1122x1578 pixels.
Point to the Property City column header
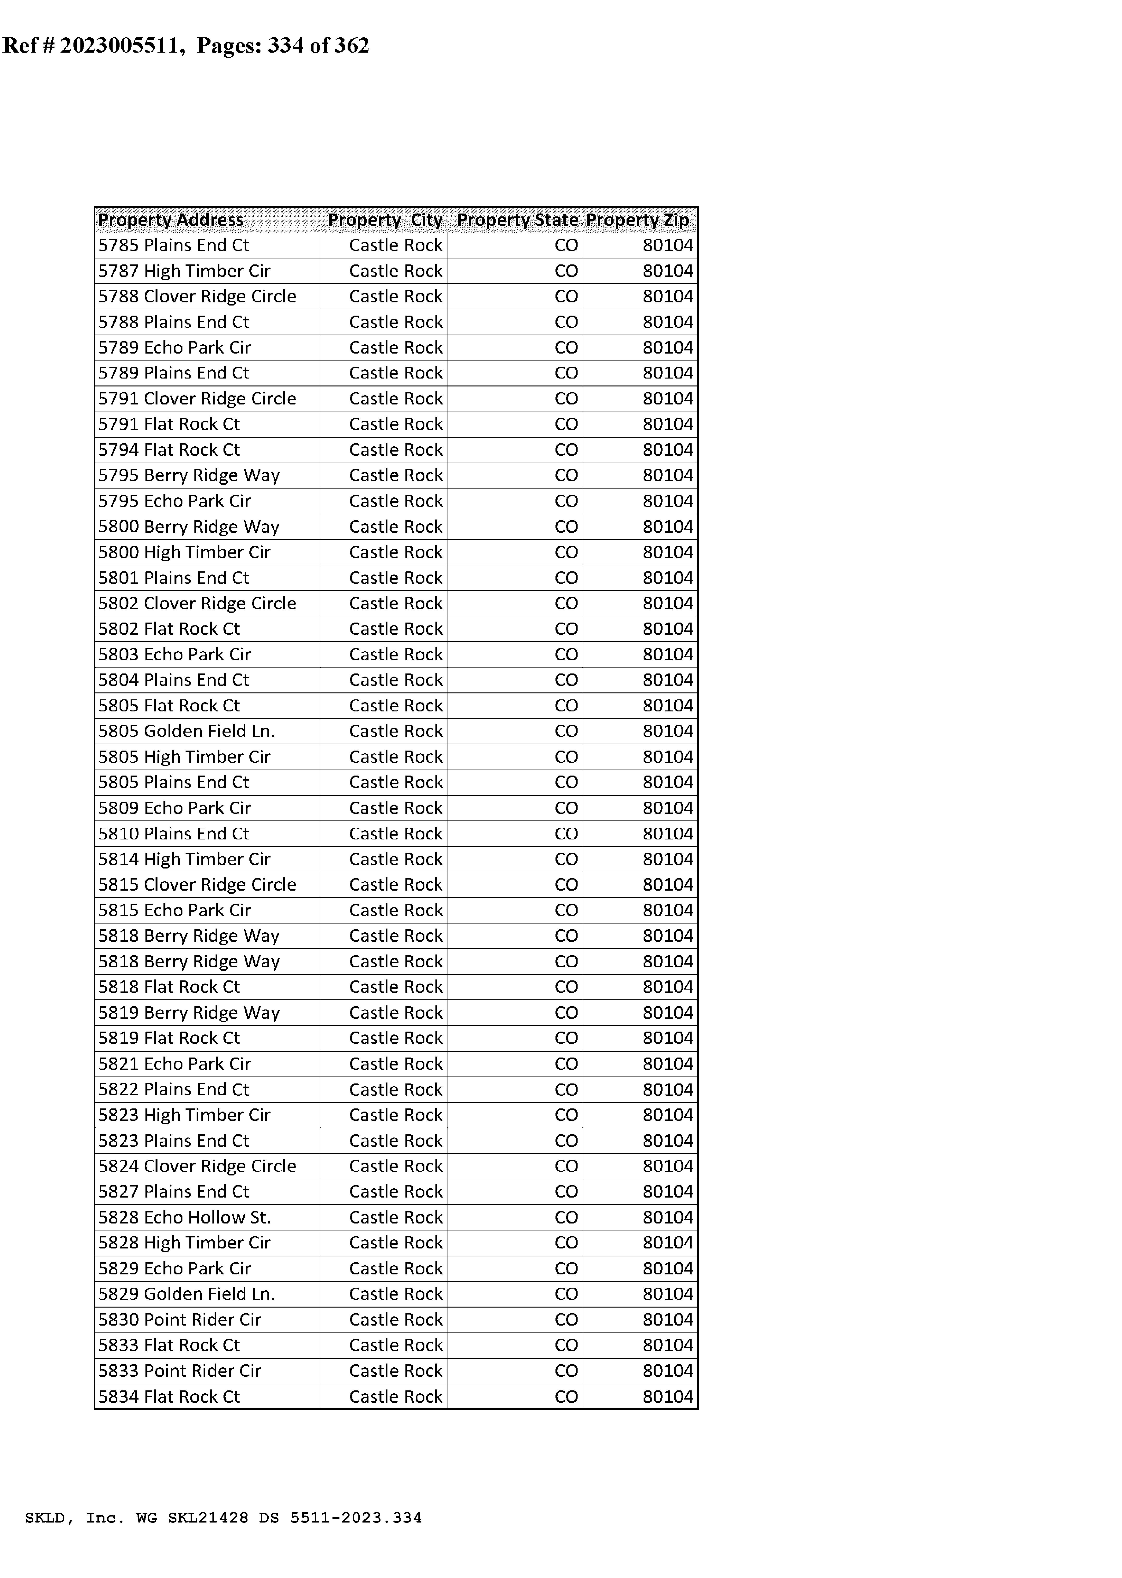385,220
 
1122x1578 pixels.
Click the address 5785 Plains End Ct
173,245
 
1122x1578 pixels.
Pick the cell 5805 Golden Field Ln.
187,731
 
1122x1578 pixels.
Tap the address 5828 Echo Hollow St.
184,1217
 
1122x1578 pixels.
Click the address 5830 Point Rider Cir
180,1320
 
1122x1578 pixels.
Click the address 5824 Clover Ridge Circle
197,1166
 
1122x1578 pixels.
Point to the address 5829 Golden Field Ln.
187,1294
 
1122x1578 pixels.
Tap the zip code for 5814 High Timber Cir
667,859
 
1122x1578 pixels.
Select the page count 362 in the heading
352,46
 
